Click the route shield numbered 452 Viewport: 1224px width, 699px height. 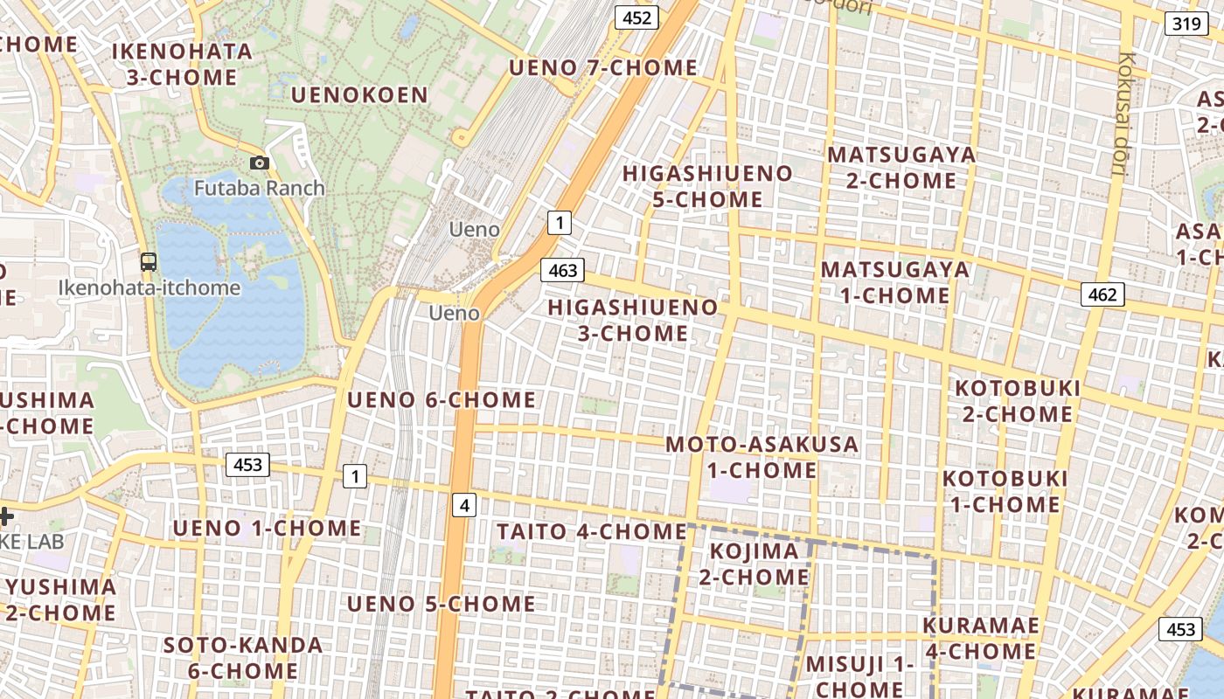pyautogui.click(x=636, y=17)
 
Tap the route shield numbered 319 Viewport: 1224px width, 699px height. pyautogui.click(x=1186, y=24)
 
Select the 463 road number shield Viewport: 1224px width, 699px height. pyautogui.click(x=561, y=270)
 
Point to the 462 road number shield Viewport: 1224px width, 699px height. pyautogui.click(x=1102, y=294)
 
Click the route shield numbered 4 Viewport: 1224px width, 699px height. pyautogui.click(x=464, y=504)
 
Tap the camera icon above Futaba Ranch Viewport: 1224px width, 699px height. pyautogui.click(x=259, y=163)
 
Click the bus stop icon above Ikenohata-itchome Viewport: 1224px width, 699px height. pyautogui.click(x=149, y=261)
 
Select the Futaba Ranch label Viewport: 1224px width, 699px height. pyautogui.click(x=259, y=188)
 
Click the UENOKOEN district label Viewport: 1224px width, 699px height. pyautogui.click(x=359, y=94)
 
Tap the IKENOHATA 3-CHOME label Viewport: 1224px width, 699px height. pyautogui.click(x=182, y=65)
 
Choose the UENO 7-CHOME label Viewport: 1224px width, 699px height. pyautogui.click(x=603, y=67)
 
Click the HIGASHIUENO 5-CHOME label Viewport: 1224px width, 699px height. pyautogui.click(x=707, y=186)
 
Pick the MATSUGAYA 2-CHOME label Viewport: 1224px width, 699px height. pyautogui.click(x=901, y=168)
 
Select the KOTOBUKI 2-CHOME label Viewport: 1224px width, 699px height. pyautogui.click(x=1018, y=400)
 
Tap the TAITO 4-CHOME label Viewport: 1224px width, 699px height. pyautogui.click(x=592, y=531)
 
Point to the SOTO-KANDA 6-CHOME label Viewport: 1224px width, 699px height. pyautogui.click(x=243, y=658)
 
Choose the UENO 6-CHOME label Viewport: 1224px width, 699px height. pyautogui.click(x=442, y=400)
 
